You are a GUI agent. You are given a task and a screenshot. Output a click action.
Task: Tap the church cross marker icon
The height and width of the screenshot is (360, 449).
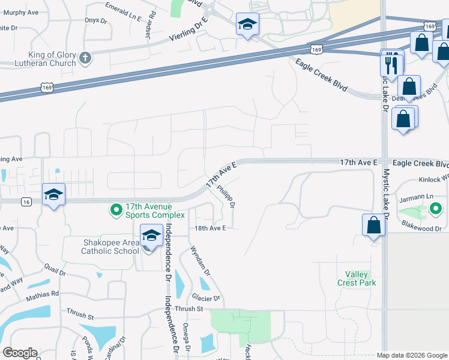(x=85, y=58)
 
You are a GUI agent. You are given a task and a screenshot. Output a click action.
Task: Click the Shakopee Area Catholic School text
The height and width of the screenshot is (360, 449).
(x=102, y=247)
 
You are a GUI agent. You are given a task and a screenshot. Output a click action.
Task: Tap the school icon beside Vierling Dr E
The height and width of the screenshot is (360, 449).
(x=247, y=25)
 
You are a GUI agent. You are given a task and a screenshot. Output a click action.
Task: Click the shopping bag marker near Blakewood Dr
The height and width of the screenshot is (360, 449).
(x=373, y=226)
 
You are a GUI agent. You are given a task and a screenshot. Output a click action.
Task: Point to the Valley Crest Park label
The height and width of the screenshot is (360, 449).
(x=357, y=278)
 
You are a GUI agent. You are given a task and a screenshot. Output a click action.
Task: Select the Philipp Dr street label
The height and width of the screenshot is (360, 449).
(x=226, y=196)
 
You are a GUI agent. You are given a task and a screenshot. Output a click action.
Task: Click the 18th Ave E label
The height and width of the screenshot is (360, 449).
(x=209, y=228)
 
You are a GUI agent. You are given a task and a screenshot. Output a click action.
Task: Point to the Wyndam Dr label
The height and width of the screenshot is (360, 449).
(x=200, y=260)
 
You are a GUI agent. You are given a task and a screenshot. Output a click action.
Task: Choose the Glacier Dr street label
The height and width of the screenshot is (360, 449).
(x=206, y=298)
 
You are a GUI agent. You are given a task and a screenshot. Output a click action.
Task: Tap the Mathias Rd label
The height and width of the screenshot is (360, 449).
(x=42, y=294)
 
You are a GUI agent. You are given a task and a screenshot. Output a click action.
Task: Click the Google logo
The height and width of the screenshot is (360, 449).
(x=20, y=353)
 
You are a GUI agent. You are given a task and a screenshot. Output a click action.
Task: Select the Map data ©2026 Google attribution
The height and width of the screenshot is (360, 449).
(x=412, y=355)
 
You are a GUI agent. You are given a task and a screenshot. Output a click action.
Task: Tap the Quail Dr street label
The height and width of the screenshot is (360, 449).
(x=54, y=268)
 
